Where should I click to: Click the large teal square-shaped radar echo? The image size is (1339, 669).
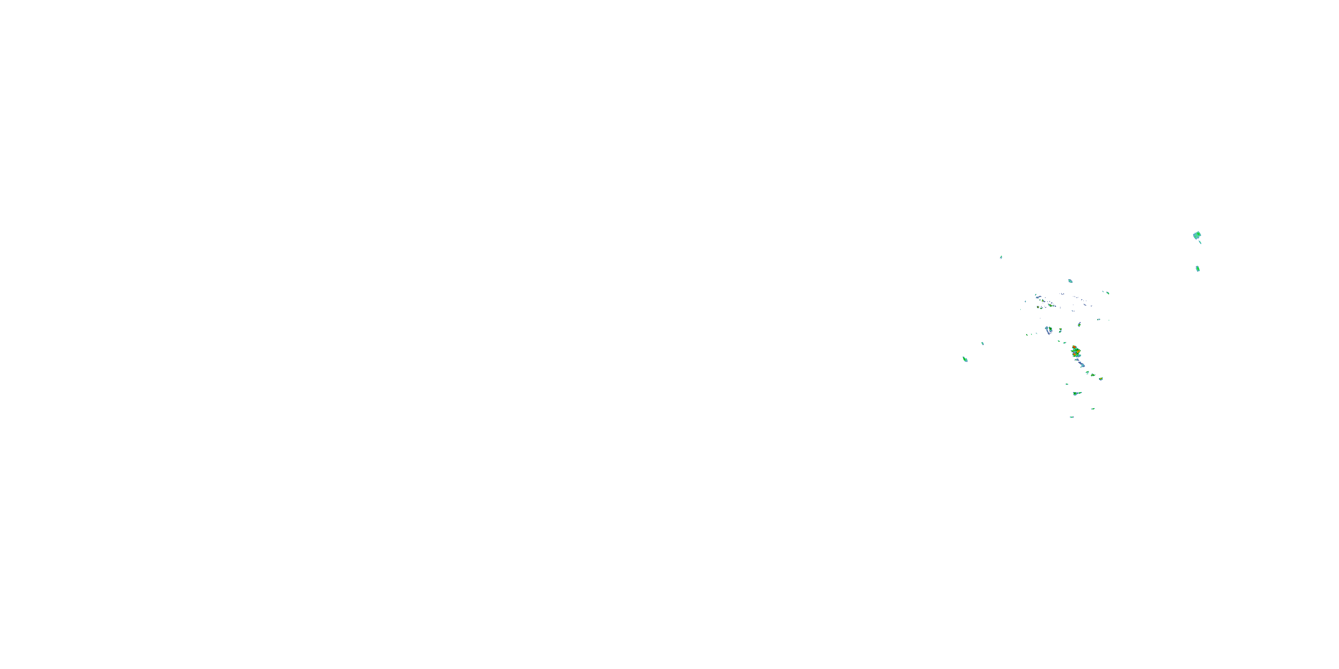1197,235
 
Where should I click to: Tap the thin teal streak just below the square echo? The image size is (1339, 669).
1200,243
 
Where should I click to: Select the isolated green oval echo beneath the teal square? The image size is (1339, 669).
1198,268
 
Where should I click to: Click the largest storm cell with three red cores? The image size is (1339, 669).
1076,351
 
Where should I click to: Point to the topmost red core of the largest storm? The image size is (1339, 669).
1074,347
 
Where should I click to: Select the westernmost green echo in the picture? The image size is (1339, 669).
965,359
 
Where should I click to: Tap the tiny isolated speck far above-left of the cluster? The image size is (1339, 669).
1001,256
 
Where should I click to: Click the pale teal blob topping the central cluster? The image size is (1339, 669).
1070,281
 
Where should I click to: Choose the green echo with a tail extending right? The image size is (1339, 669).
1076,394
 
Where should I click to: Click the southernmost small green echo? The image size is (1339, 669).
1071,417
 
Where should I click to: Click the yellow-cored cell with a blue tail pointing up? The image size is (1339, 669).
1080,325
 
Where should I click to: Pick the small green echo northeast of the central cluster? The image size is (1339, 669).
1108,293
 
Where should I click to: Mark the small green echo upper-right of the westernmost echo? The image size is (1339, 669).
982,343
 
